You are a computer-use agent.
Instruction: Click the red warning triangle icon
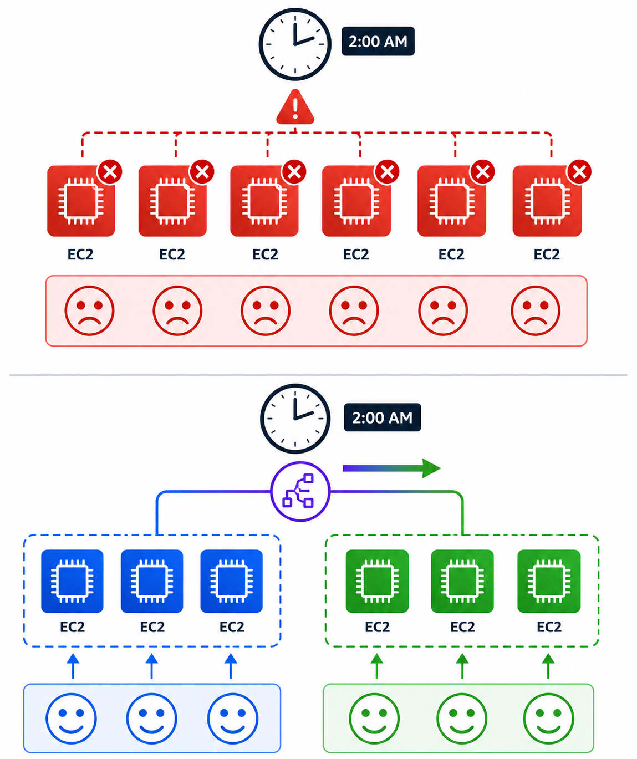(295, 107)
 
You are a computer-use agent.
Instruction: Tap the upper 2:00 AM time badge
(378, 41)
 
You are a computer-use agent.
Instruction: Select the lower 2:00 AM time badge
(382, 417)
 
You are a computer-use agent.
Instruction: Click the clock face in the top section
(295, 44)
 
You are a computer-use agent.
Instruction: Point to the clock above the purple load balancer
(295, 419)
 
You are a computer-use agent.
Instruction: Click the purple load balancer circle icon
(300, 491)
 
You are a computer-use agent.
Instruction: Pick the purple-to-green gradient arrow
(391, 468)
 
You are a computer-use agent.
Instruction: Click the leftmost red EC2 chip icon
(81, 201)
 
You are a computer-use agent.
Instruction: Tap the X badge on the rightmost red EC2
(579, 171)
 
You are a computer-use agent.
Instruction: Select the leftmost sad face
(89, 310)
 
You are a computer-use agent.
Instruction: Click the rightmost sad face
(535, 310)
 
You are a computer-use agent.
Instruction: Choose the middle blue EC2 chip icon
(151, 581)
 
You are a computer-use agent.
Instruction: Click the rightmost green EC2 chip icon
(549, 581)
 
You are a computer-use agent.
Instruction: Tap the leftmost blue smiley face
(72, 719)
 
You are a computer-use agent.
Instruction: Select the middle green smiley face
(462, 719)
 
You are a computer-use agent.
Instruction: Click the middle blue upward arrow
(151, 666)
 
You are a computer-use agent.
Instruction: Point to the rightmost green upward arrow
(548, 666)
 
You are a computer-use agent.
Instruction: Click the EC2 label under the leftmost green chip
(377, 627)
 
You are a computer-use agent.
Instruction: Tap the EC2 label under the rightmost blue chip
(232, 627)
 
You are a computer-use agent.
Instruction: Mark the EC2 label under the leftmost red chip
(80, 254)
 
